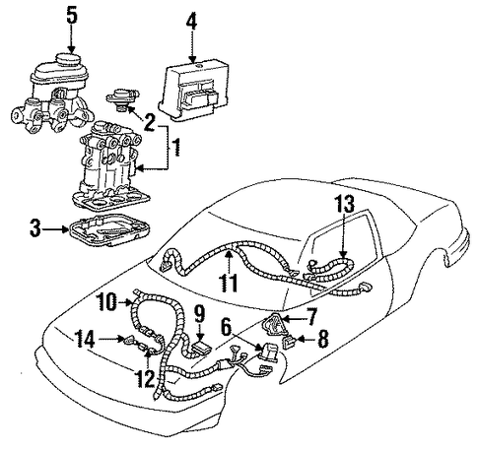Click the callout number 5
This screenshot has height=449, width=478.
pos(72,17)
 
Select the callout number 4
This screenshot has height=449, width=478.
pos(191,22)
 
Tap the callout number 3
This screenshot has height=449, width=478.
pos(34,228)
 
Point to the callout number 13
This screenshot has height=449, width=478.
pos(345,204)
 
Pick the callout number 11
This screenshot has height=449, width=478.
pos(229,283)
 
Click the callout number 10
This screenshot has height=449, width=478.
pos(106,302)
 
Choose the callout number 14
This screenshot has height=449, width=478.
pos(85,339)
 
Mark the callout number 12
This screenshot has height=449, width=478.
pos(145,378)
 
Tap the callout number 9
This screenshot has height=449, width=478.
pos(199,314)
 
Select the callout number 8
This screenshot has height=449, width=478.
pos(322,339)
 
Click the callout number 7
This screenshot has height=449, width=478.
pos(310,316)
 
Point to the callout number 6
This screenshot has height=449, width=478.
pos(226,328)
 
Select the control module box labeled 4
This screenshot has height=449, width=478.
pos(193,89)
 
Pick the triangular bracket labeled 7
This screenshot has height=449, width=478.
pos(271,324)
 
